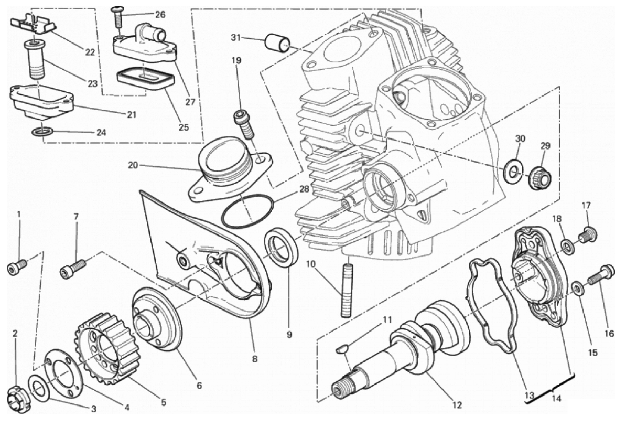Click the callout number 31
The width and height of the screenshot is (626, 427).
pos(236,38)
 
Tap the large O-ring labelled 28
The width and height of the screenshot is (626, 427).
pos(247,212)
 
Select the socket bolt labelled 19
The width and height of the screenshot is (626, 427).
pos(244,124)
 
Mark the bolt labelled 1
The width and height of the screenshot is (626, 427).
pos(17,267)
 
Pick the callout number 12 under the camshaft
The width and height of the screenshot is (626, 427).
pos(457,404)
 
